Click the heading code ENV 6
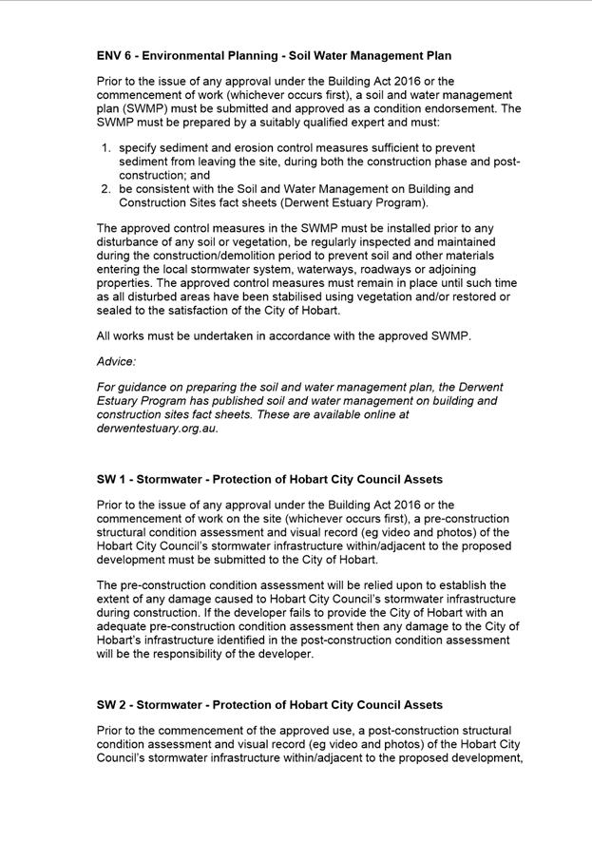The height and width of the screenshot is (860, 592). [115, 56]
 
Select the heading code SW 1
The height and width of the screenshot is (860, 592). [111, 479]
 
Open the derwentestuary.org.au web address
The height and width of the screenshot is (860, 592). [157, 428]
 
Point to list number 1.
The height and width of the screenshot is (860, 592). [105, 148]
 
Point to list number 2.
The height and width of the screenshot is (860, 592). [105, 189]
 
